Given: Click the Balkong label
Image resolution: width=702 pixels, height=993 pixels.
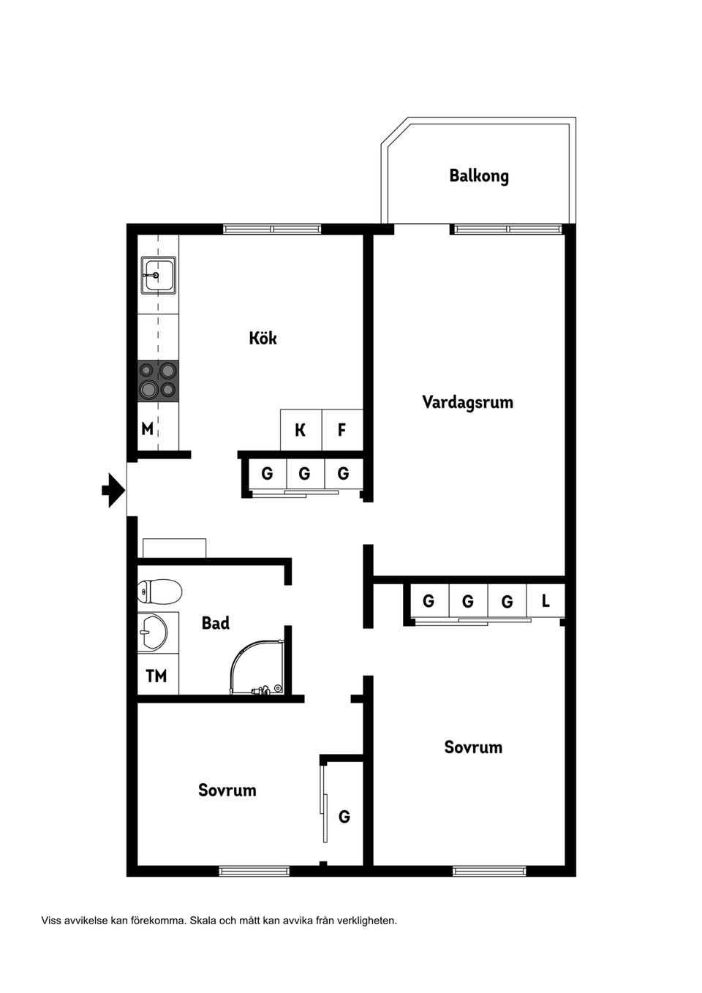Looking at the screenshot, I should coord(479,175).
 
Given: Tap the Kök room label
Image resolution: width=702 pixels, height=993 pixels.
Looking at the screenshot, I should coord(263,338).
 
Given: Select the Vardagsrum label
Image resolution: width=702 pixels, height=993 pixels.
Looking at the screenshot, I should coord(467,401).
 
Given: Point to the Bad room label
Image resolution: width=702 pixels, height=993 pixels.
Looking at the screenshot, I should coord(216,623).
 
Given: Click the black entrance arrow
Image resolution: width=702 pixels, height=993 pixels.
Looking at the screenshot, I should coord(112,490).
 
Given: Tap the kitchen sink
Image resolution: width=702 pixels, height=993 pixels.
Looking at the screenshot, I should coord(158,275).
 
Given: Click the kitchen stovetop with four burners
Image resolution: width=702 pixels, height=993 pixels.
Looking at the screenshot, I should coord(158,380).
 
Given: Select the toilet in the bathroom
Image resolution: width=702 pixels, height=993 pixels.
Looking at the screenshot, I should coord(159,591).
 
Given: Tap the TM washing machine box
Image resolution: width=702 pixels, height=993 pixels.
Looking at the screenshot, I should coord(157,676).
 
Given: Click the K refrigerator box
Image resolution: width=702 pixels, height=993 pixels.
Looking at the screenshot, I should coord(301,430).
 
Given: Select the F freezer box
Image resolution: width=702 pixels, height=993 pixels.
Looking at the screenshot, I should coord(341,430).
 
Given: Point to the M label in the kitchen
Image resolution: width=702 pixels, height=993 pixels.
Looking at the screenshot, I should coord(148,429).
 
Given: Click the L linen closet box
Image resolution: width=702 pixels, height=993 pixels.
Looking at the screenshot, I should coord(546,602).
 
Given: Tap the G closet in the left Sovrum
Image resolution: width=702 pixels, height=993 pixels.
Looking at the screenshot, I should coord(344,816).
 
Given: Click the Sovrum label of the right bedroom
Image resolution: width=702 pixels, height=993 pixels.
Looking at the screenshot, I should coord(473,747).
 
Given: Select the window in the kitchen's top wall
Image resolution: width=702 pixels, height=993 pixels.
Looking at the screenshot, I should coord(272,229).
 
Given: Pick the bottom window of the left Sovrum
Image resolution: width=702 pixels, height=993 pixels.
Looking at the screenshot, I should coord(254,871).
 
